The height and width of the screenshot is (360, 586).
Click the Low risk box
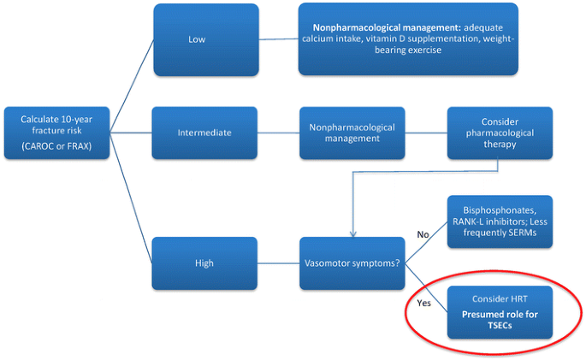[205, 38]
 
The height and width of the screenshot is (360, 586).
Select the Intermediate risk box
[205, 133]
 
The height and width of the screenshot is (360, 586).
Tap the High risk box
[205, 263]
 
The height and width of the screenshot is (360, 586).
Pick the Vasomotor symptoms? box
[352, 263]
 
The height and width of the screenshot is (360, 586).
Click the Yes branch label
[423, 301]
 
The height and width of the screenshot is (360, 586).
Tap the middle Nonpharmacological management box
[352, 133]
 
